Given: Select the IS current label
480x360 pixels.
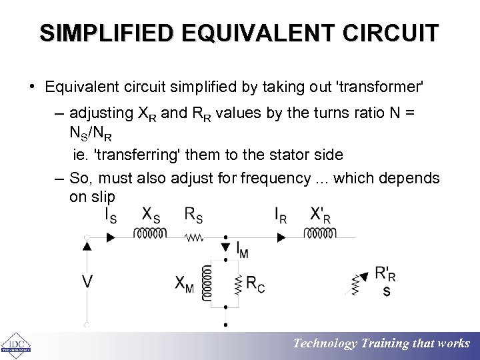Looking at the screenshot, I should click(x=110, y=215).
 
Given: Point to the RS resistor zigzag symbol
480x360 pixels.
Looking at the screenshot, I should click(x=194, y=236).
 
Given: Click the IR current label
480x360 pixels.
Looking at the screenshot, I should click(x=281, y=215).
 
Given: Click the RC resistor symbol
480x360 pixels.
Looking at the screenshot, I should click(x=237, y=285).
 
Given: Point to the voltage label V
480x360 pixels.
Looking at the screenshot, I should click(x=87, y=283).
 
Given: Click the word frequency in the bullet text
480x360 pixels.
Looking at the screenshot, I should click(x=274, y=179).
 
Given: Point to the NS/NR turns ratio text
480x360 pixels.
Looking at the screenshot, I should click(x=94, y=134).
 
